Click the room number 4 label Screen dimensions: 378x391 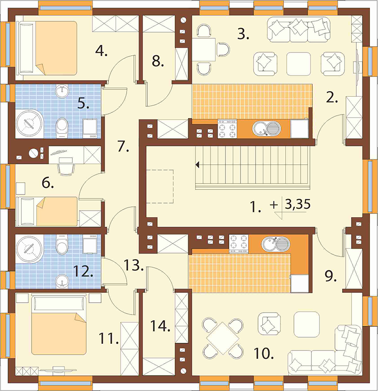[x=101, y=51]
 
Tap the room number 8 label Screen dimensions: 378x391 [x=158, y=61]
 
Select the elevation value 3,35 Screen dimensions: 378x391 [x=297, y=204]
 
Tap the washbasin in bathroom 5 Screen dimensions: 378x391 [x=61, y=91]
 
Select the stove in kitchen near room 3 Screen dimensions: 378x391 [x=227, y=128]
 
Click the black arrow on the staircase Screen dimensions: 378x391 [x=198, y=165]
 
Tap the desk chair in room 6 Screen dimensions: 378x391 [x=66, y=165]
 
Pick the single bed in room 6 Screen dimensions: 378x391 [x=47, y=212]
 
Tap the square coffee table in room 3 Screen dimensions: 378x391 [x=299, y=64]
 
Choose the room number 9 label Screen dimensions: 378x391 [x=331, y=276]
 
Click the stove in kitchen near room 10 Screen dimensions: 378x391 [x=239, y=244]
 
